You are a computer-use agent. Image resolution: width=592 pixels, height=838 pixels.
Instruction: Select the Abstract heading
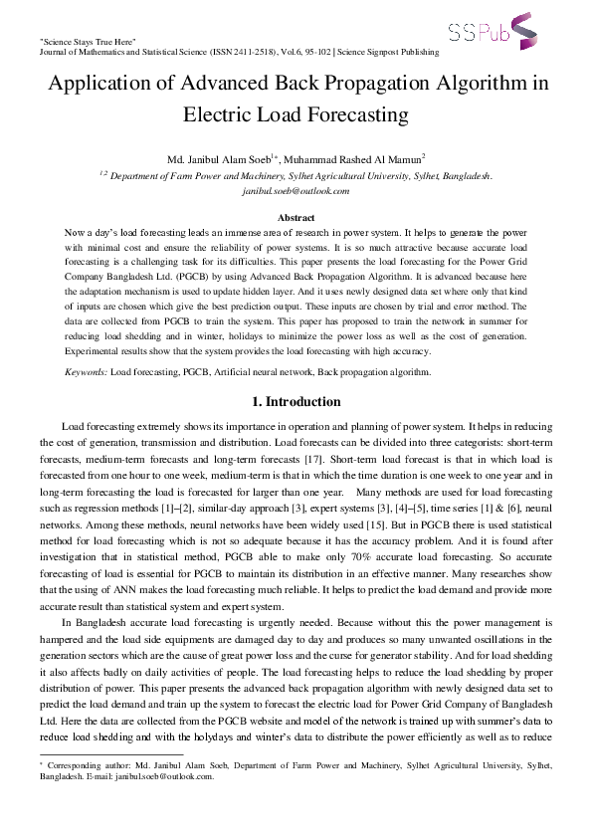tap(296, 217)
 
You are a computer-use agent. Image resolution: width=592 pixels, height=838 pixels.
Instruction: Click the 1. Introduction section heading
tap(296, 402)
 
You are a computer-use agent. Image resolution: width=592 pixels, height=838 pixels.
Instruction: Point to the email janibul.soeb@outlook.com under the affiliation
tap(296, 190)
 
